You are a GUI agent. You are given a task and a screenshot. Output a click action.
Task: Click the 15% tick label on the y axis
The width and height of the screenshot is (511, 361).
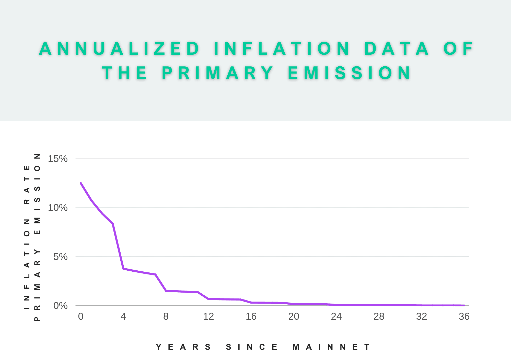click(x=58, y=159)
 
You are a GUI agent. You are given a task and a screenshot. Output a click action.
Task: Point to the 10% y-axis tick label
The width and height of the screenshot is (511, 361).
click(x=58, y=208)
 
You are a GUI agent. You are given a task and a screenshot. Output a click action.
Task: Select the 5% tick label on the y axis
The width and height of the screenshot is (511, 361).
click(x=60, y=257)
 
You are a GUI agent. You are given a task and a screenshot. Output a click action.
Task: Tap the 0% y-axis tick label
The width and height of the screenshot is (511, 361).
click(x=60, y=306)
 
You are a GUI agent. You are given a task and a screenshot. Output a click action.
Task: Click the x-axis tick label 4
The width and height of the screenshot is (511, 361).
click(x=123, y=317)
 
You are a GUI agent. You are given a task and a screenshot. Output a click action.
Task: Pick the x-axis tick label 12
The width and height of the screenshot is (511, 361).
click(x=208, y=317)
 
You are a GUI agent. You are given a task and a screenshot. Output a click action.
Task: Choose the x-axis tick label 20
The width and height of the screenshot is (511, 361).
click(x=294, y=317)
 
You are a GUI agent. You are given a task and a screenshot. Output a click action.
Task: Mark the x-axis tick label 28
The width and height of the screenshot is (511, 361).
click(x=379, y=317)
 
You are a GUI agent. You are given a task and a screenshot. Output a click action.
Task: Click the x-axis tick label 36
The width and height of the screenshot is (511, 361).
click(x=464, y=317)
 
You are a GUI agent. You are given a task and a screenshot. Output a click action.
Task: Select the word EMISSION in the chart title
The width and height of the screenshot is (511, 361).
click(x=350, y=73)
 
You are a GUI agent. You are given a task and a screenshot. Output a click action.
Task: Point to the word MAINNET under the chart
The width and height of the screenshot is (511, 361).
click(x=331, y=347)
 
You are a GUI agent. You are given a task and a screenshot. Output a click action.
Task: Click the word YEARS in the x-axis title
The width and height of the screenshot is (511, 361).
click(x=183, y=347)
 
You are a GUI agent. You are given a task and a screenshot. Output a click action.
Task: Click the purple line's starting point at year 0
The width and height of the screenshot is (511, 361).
click(x=81, y=183)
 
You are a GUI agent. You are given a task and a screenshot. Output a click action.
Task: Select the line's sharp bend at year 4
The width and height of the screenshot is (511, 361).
click(x=123, y=269)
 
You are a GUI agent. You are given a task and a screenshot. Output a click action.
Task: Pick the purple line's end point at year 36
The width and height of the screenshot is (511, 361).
click(x=464, y=305)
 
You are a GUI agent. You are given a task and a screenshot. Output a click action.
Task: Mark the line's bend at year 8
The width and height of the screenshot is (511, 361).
click(x=166, y=291)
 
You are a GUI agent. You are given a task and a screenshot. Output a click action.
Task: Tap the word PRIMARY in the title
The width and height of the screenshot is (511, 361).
click(x=218, y=73)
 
